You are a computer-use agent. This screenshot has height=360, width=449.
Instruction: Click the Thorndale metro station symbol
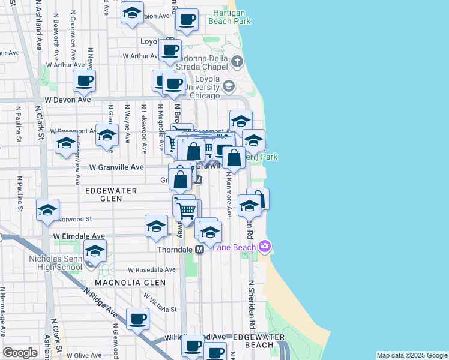200,248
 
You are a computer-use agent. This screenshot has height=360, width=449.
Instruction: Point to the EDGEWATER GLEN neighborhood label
111,190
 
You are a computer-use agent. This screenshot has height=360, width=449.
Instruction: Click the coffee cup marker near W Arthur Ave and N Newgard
84,80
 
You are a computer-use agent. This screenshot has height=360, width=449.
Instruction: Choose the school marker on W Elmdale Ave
156,226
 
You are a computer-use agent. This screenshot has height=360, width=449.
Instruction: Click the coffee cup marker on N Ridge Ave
138,318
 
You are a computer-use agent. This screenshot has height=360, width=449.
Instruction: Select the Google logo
20,353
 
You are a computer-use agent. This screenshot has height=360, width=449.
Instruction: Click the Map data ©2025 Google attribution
412,355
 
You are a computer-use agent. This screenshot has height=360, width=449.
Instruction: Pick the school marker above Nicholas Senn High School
94,251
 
